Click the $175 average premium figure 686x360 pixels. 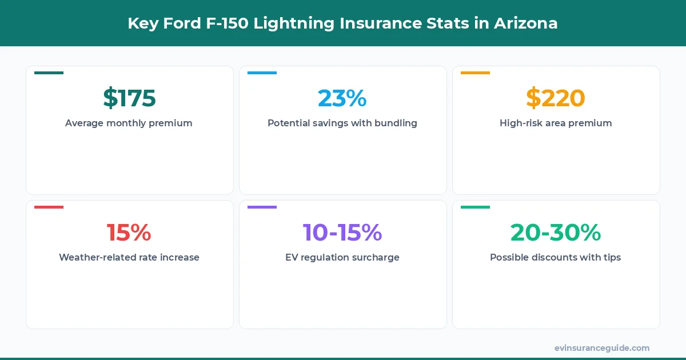point(129,98)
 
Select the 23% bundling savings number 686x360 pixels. point(342,98)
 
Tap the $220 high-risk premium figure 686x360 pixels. point(556,98)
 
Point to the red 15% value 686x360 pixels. point(129,233)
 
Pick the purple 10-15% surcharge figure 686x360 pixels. point(342,233)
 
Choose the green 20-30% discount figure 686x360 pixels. point(556,233)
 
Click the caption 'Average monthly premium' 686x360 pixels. point(129,123)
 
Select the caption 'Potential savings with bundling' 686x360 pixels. point(342,123)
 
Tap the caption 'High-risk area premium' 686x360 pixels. point(556,123)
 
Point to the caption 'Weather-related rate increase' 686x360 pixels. point(129,257)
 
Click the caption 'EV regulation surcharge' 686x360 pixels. point(342,257)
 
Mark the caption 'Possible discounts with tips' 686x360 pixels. point(556,257)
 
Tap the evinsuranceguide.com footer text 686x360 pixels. point(602,347)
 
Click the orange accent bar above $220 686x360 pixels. point(475,73)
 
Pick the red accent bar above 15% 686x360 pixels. point(49,207)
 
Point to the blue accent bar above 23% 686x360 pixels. point(262,73)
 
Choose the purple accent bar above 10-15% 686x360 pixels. point(262,207)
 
